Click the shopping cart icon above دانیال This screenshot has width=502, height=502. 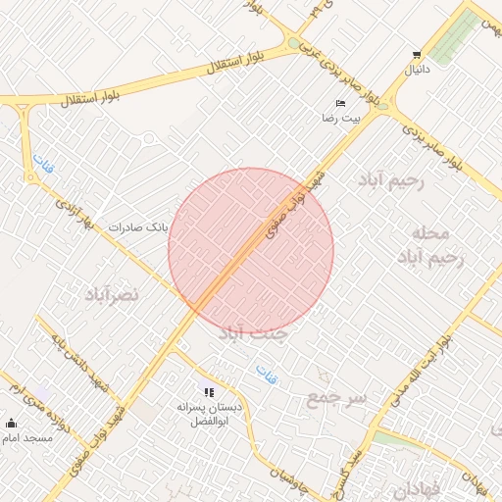pos(418,55)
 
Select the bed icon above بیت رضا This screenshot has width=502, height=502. pos(340,103)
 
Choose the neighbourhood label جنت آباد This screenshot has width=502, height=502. pos(253,333)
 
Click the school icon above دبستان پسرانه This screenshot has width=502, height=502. pos(209,392)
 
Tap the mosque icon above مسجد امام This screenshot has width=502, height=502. pos(12,423)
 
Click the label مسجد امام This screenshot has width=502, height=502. pos(29,437)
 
